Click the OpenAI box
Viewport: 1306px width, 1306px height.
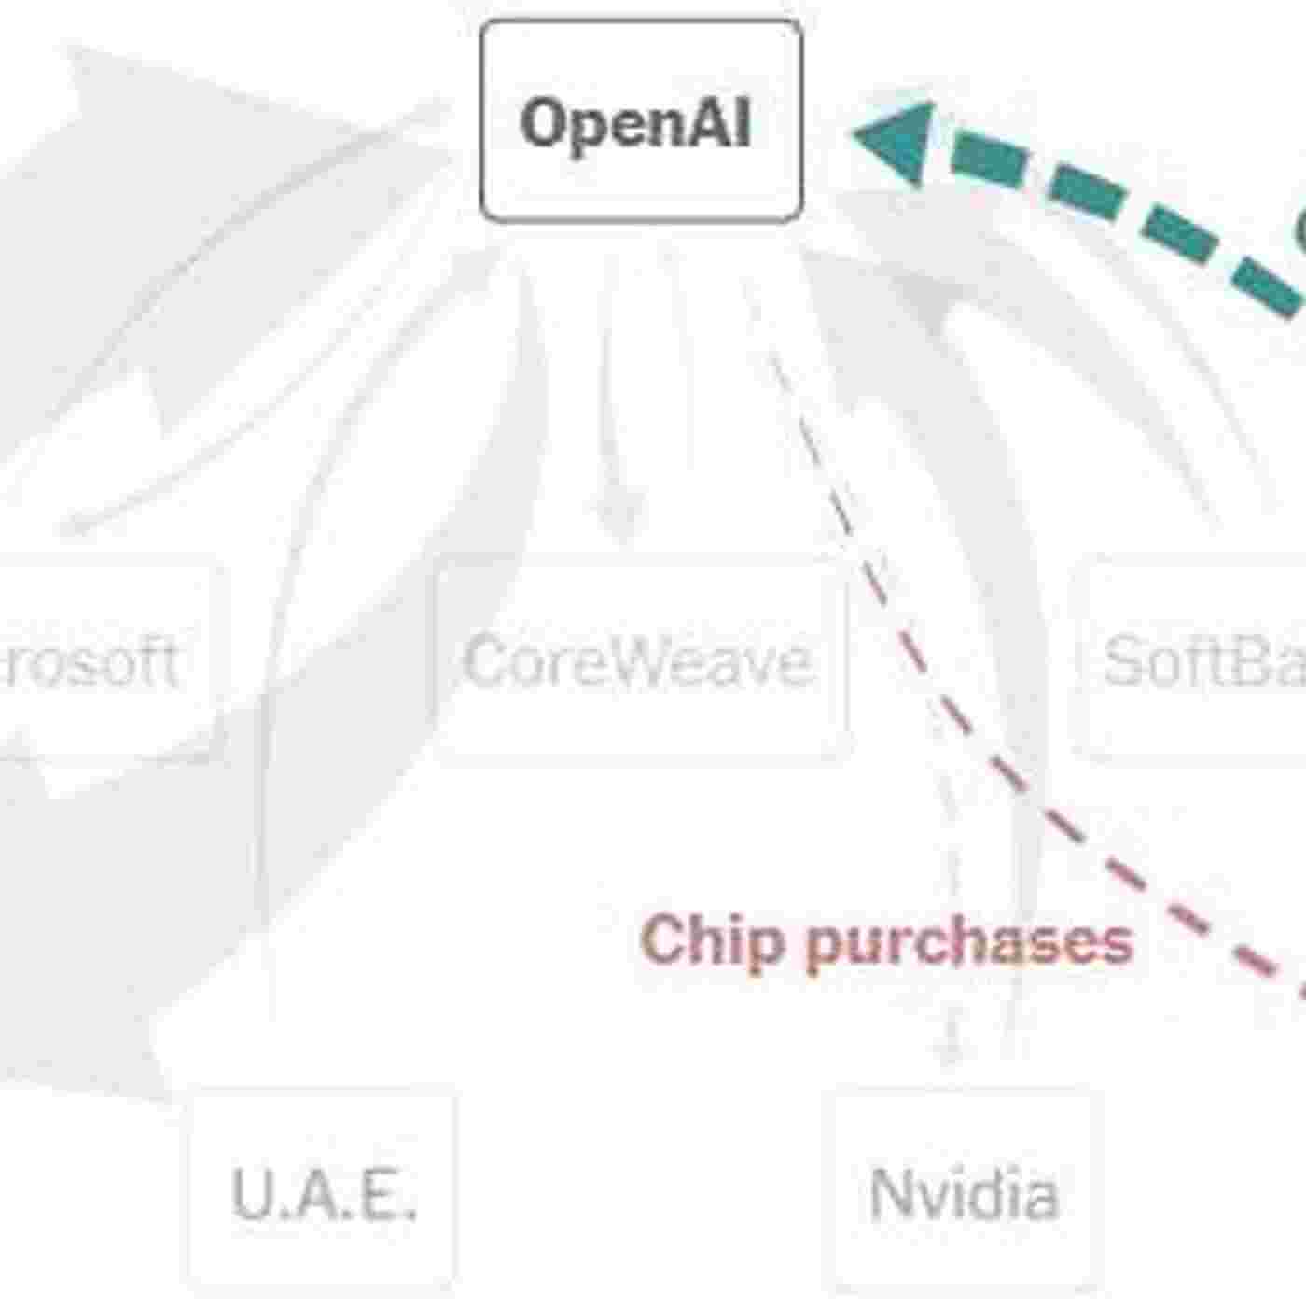(641, 121)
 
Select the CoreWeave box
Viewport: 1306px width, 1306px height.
(641, 660)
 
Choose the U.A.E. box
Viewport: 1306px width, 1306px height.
(323, 1192)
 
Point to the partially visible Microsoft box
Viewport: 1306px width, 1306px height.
(103, 660)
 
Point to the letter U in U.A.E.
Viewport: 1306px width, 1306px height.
(250, 1193)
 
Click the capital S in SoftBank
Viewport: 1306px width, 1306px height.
(1123, 661)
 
